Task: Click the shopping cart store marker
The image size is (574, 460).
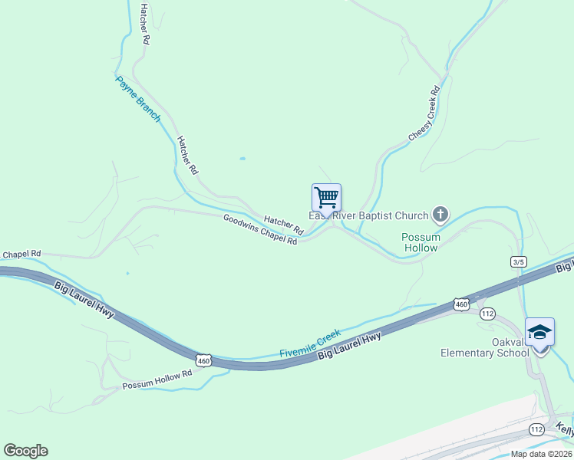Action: click(326, 199)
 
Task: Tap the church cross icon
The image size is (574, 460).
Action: click(440, 214)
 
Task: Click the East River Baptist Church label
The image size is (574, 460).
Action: click(368, 215)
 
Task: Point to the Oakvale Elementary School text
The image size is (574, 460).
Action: click(484, 348)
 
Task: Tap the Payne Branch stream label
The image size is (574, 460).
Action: click(138, 98)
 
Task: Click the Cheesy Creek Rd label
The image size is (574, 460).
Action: click(424, 112)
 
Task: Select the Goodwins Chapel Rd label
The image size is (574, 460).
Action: click(259, 229)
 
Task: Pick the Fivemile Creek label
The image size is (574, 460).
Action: click(309, 343)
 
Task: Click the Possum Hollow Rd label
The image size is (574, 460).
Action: click(157, 380)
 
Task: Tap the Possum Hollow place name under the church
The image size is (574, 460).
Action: click(421, 242)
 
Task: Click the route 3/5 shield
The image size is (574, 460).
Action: click(518, 262)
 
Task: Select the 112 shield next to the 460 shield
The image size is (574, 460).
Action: click(487, 314)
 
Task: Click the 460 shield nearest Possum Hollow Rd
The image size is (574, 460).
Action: click(203, 360)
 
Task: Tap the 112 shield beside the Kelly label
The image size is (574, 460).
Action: click(536, 429)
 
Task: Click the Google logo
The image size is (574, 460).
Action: click(25, 451)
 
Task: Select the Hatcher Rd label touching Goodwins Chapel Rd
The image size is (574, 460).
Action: click(284, 225)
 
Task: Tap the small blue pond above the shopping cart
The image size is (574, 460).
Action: click(242, 159)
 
